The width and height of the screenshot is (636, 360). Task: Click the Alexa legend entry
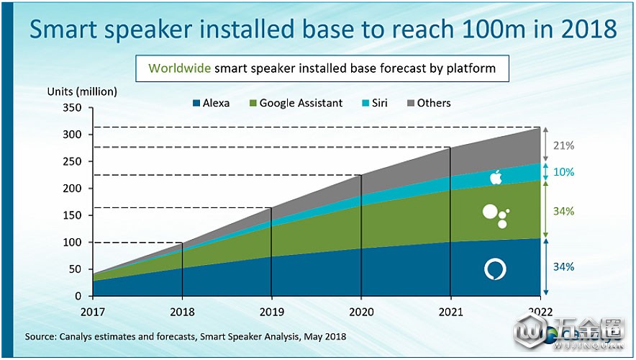(x=212, y=103)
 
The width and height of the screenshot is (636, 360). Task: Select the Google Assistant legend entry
(x=296, y=103)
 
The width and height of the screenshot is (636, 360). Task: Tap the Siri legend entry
(x=374, y=103)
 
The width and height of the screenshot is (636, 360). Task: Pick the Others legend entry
(x=429, y=103)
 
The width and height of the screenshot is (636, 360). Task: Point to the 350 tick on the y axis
(x=72, y=108)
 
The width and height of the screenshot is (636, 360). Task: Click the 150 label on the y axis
(x=72, y=215)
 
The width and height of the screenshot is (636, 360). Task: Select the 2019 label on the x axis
(x=272, y=312)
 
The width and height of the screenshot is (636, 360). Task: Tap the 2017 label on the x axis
(x=93, y=312)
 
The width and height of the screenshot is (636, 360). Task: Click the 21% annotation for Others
(x=564, y=145)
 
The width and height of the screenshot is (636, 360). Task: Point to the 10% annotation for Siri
(x=564, y=172)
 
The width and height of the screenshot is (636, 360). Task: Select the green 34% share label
(x=564, y=212)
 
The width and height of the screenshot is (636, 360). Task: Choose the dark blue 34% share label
(x=564, y=266)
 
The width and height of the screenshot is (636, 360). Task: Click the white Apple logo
(x=496, y=177)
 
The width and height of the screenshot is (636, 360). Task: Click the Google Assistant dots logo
(x=496, y=216)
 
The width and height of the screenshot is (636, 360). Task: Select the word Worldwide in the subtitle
(x=179, y=68)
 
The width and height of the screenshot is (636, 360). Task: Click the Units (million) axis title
(x=82, y=91)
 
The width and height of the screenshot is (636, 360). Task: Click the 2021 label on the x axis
(x=450, y=312)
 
